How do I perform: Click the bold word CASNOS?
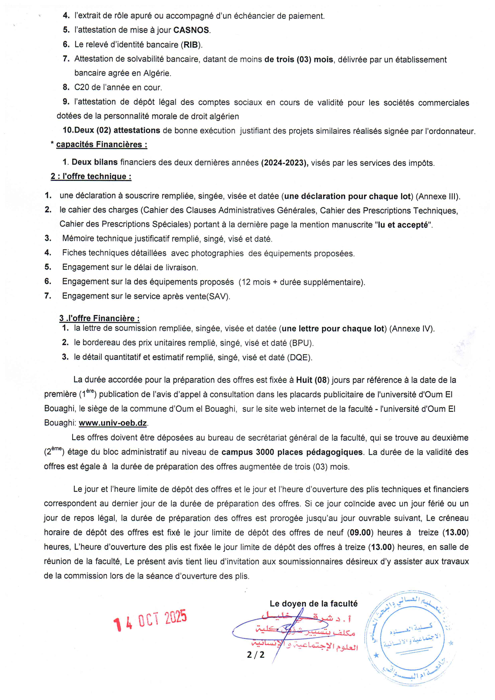pos(191,30)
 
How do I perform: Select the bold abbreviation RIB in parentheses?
pos(190,45)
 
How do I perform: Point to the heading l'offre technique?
pos(91,177)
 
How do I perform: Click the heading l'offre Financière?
pos(99,318)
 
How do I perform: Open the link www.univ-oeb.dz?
pos(113,423)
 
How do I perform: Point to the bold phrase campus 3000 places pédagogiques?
pos(292,452)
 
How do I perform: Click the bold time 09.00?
pos(360,533)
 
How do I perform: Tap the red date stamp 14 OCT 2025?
pos(150,620)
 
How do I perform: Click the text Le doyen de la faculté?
pos(313,604)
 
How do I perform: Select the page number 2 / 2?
pos(255,654)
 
